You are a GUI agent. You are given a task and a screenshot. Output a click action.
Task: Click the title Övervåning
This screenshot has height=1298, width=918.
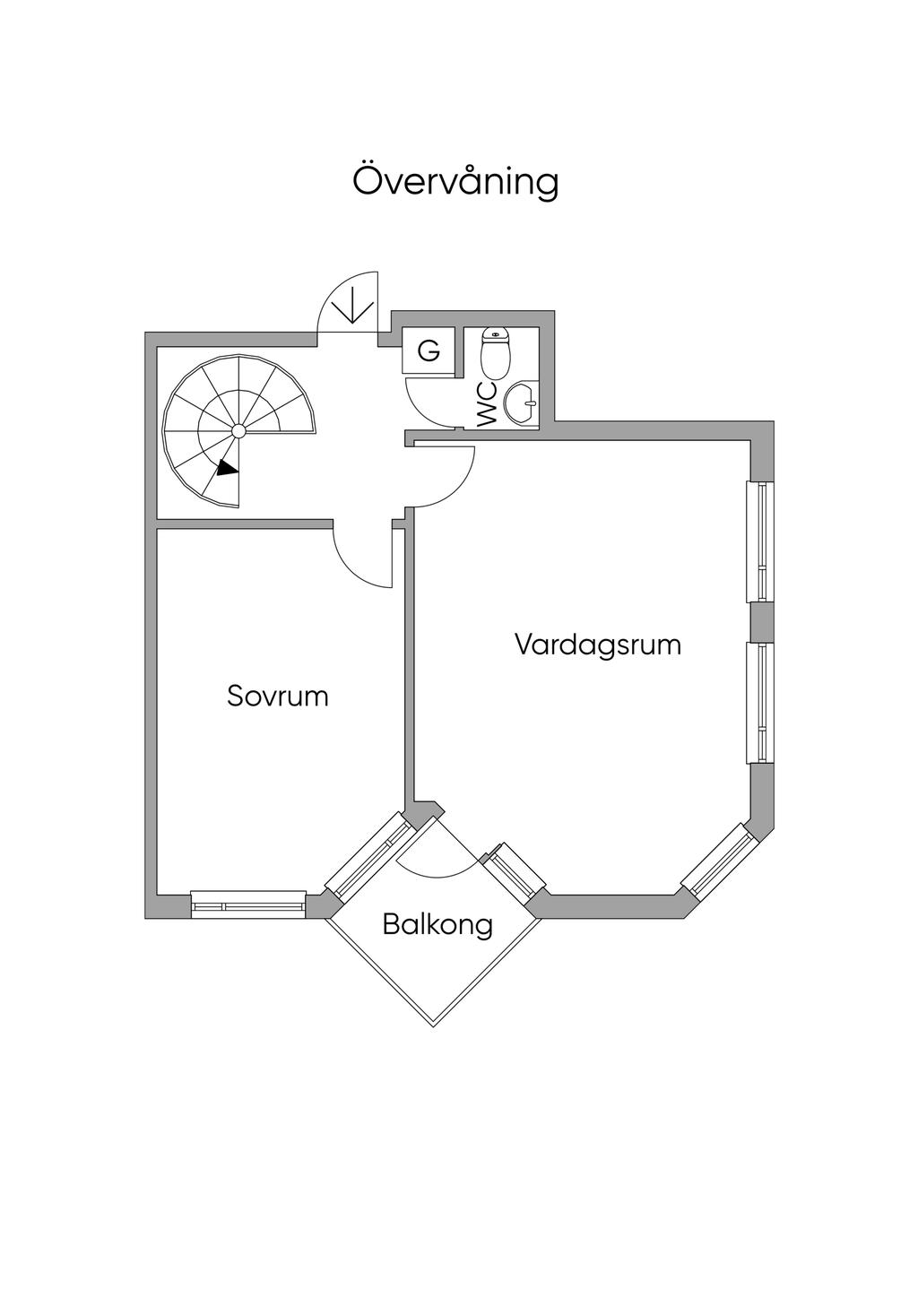click(x=455, y=182)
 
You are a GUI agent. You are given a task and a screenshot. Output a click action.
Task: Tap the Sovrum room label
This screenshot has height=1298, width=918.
click(x=278, y=696)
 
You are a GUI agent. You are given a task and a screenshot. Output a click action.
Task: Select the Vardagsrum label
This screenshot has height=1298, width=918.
click(x=598, y=645)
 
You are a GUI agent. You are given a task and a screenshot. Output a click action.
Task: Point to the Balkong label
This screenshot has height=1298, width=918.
click(x=437, y=924)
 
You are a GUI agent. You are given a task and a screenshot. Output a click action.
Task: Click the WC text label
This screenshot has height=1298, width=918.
click(x=487, y=404)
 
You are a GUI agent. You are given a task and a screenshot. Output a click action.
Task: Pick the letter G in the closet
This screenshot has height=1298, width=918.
click(x=429, y=350)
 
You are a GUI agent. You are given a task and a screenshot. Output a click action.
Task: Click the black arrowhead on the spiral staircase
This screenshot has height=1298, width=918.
click(x=228, y=467)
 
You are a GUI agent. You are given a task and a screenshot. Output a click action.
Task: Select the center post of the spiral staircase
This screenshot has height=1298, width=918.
click(x=238, y=431)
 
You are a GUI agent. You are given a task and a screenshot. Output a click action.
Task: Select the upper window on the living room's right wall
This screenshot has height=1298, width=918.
click(x=761, y=542)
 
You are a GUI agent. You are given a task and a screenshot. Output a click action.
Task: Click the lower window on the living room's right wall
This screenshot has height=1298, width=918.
click(x=761, y=703)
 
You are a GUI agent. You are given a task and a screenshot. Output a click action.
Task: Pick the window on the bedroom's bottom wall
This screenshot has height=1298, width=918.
click(x=248, y=904)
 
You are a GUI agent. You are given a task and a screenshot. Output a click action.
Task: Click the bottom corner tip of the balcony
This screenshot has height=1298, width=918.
click(x=435, y=1025)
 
